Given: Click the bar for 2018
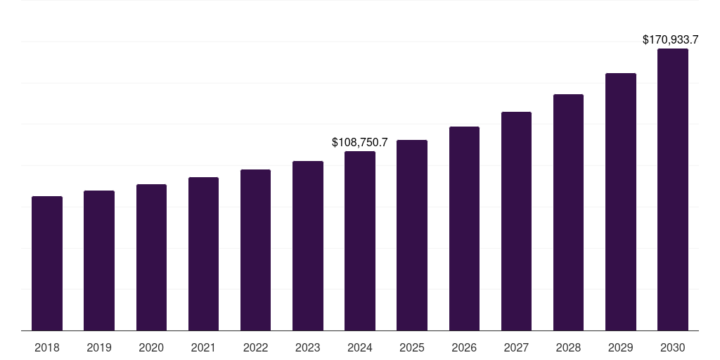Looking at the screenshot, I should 47,264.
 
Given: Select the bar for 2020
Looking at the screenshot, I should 151,257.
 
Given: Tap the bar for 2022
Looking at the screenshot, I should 255,250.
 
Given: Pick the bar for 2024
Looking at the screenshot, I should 360,241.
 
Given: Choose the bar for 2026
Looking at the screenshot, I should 464,229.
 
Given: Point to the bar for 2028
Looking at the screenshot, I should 568,212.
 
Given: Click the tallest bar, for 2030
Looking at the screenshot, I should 672,190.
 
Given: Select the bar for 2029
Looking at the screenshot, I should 620,202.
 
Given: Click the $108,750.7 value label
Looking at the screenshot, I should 360,142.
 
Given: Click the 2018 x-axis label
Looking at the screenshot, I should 47,347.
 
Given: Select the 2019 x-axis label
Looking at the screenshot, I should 99,347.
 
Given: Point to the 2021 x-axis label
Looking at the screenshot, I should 203,347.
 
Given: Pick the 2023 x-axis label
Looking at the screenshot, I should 307,347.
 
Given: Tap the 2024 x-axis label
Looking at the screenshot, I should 360,347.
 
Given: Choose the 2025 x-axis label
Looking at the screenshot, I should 412,347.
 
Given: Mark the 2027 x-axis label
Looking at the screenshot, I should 516,347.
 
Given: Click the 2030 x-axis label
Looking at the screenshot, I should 672,347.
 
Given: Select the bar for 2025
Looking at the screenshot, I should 412,236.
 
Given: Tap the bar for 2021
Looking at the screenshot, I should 203,254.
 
